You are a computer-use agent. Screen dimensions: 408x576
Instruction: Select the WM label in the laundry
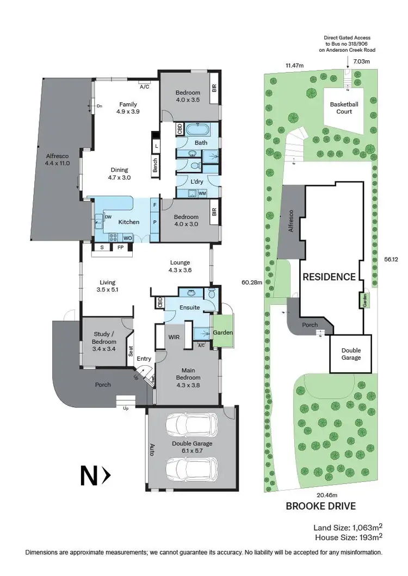click(202, 193)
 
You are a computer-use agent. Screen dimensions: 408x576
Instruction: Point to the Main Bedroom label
click(188, 374)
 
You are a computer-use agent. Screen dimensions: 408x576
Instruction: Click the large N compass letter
click(89, 477)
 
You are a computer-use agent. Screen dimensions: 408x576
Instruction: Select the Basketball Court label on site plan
click(341, 108)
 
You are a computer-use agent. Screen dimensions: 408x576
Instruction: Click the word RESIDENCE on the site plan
click(329, 277)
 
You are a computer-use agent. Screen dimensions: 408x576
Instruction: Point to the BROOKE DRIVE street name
click(321, 506)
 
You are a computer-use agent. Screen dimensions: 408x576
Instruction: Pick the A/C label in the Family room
click(145, 86)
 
